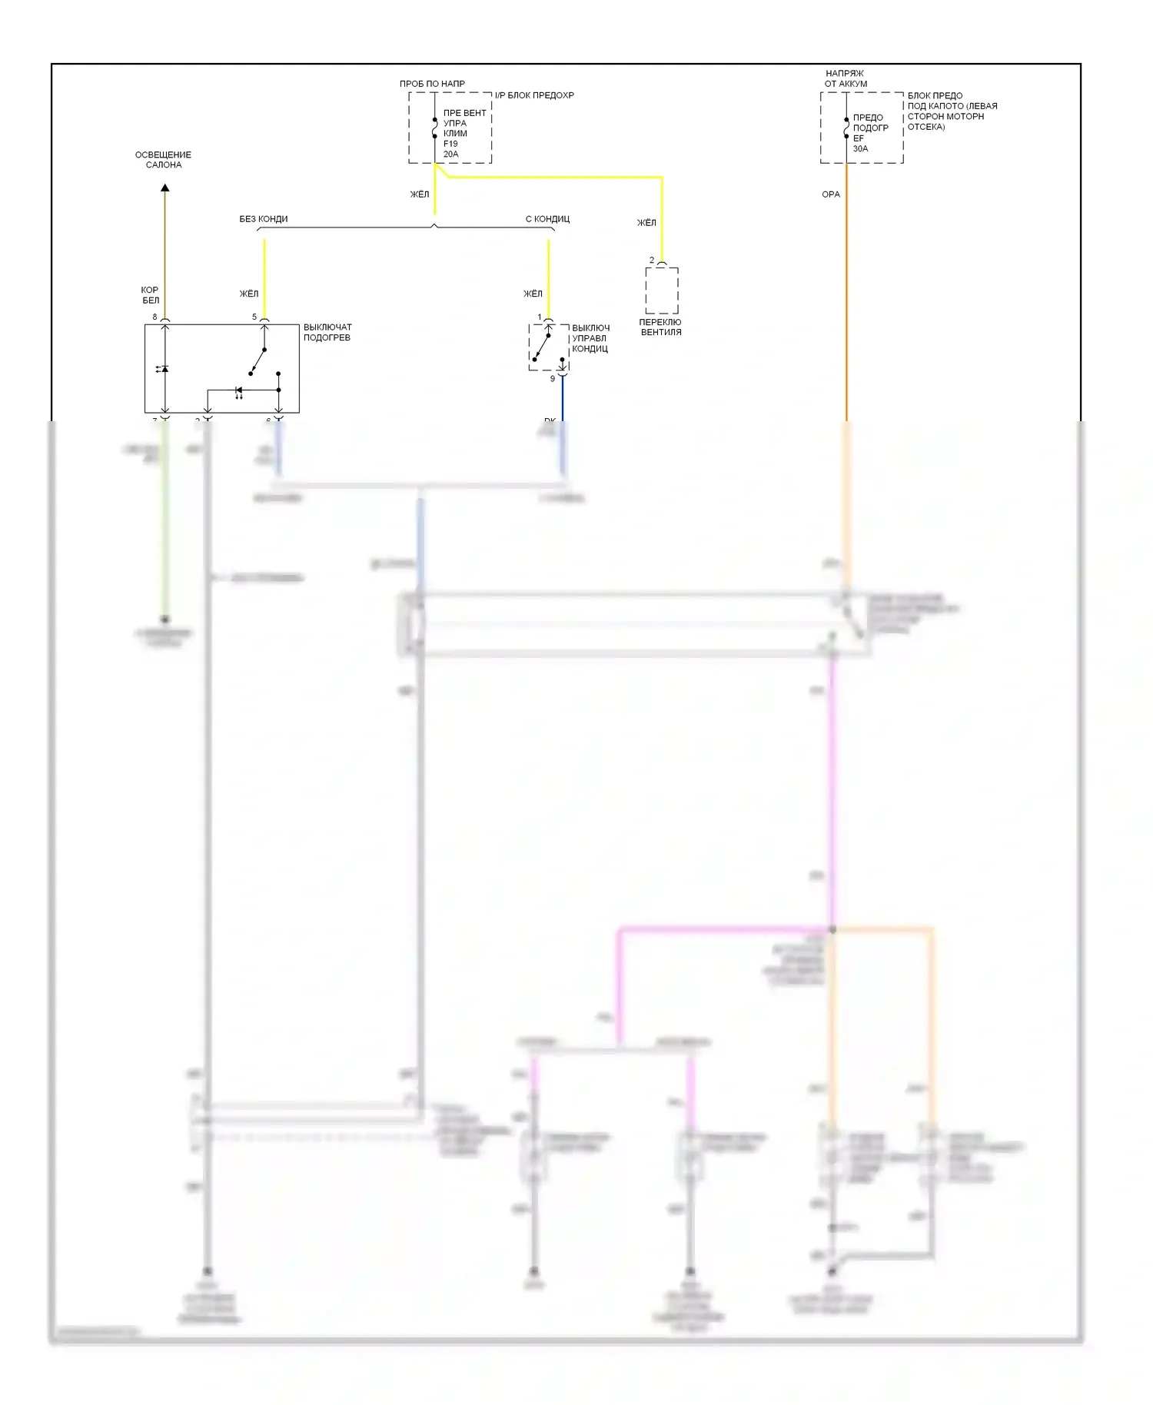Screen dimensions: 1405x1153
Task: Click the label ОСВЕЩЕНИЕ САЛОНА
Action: click(163, 160)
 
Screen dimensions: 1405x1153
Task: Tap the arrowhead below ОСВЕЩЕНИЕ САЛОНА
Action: click(164, 188)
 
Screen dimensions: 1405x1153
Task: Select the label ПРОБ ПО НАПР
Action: click(432, 84)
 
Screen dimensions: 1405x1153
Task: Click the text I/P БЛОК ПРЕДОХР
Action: click(534, 95)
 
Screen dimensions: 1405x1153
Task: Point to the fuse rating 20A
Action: click(451, 154)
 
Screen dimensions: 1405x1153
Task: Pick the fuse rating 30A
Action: click(860, 148)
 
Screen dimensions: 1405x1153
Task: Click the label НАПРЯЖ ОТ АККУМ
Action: click(846, 78)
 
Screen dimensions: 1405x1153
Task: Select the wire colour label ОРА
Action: click(831, 194)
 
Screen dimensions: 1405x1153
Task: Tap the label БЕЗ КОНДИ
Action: click(264, 219)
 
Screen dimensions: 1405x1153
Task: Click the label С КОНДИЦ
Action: click(547, 219)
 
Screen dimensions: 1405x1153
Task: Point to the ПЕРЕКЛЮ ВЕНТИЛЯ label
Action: click(660, 327)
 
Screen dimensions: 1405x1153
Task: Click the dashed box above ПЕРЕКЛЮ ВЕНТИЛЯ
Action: click(662, 291)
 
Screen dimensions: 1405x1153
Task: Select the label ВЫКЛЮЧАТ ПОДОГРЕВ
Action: click(327, 332)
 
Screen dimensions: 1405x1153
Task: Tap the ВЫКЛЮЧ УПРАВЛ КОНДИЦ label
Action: click(590, 338)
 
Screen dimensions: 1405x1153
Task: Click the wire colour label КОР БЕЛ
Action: click(150, 295)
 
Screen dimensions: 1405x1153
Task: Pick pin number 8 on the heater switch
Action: click(155, 317)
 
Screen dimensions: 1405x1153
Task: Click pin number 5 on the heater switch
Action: click(254, 317)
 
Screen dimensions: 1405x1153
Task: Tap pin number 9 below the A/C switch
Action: click(552, 378)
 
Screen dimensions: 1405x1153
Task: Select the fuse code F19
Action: click(450, 144)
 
